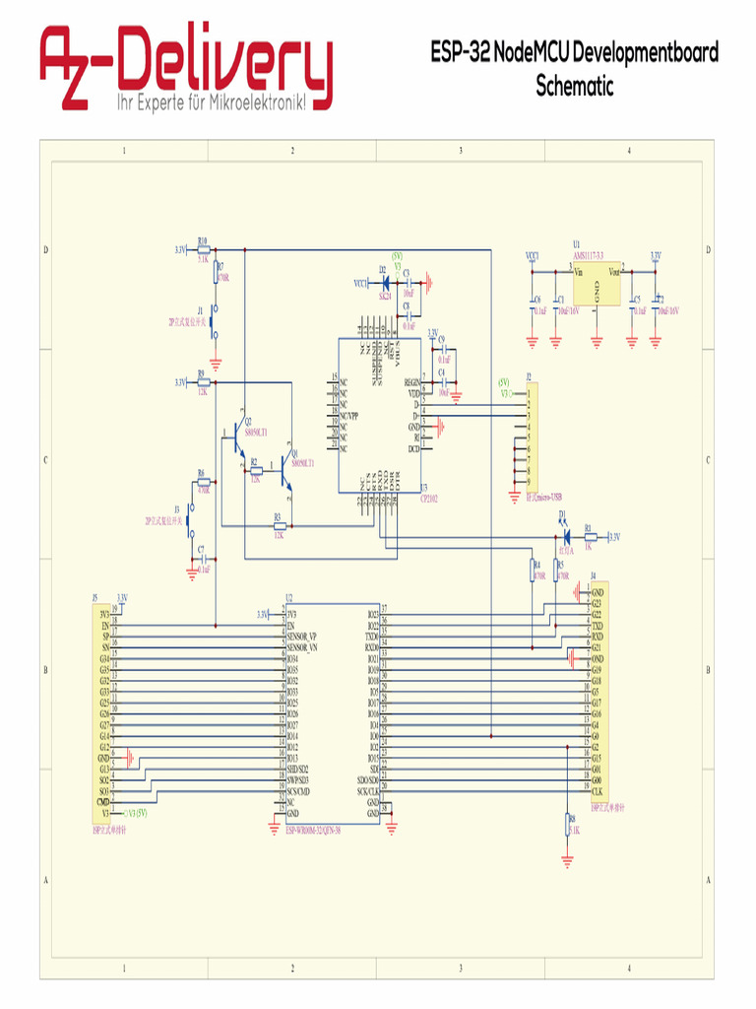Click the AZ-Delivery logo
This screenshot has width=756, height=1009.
(x=186, y=68)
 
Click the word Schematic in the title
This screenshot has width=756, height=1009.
(x=574, y=86)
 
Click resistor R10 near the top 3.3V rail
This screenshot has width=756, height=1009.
(x=203, y=249)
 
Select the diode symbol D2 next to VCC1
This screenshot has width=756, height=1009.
(x=385, y=282)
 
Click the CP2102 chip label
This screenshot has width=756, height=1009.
(x=428, y=499)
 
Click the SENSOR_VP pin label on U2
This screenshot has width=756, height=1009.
(x=300, y=637)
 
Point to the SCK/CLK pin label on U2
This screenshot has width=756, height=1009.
(x=368, y=791)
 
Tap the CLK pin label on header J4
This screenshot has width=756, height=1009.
(x=597, y=791)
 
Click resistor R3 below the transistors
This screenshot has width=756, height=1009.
(x=279, y=526)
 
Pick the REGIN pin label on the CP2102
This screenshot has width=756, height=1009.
(x=411, y=381)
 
